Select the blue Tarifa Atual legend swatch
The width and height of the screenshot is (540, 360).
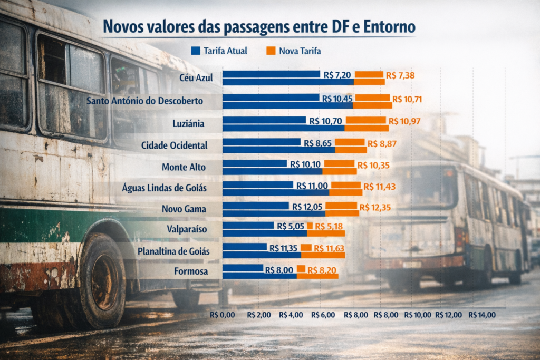196,51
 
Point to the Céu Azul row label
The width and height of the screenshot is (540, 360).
196,77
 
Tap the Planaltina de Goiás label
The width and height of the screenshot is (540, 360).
173,251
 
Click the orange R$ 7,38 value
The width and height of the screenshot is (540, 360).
400,75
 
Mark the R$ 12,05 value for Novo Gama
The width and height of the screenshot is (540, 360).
307,206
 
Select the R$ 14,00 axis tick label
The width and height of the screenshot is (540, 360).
482,315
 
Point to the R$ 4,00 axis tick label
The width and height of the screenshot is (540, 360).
292,315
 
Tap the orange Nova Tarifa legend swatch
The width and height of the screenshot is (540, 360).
271,51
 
